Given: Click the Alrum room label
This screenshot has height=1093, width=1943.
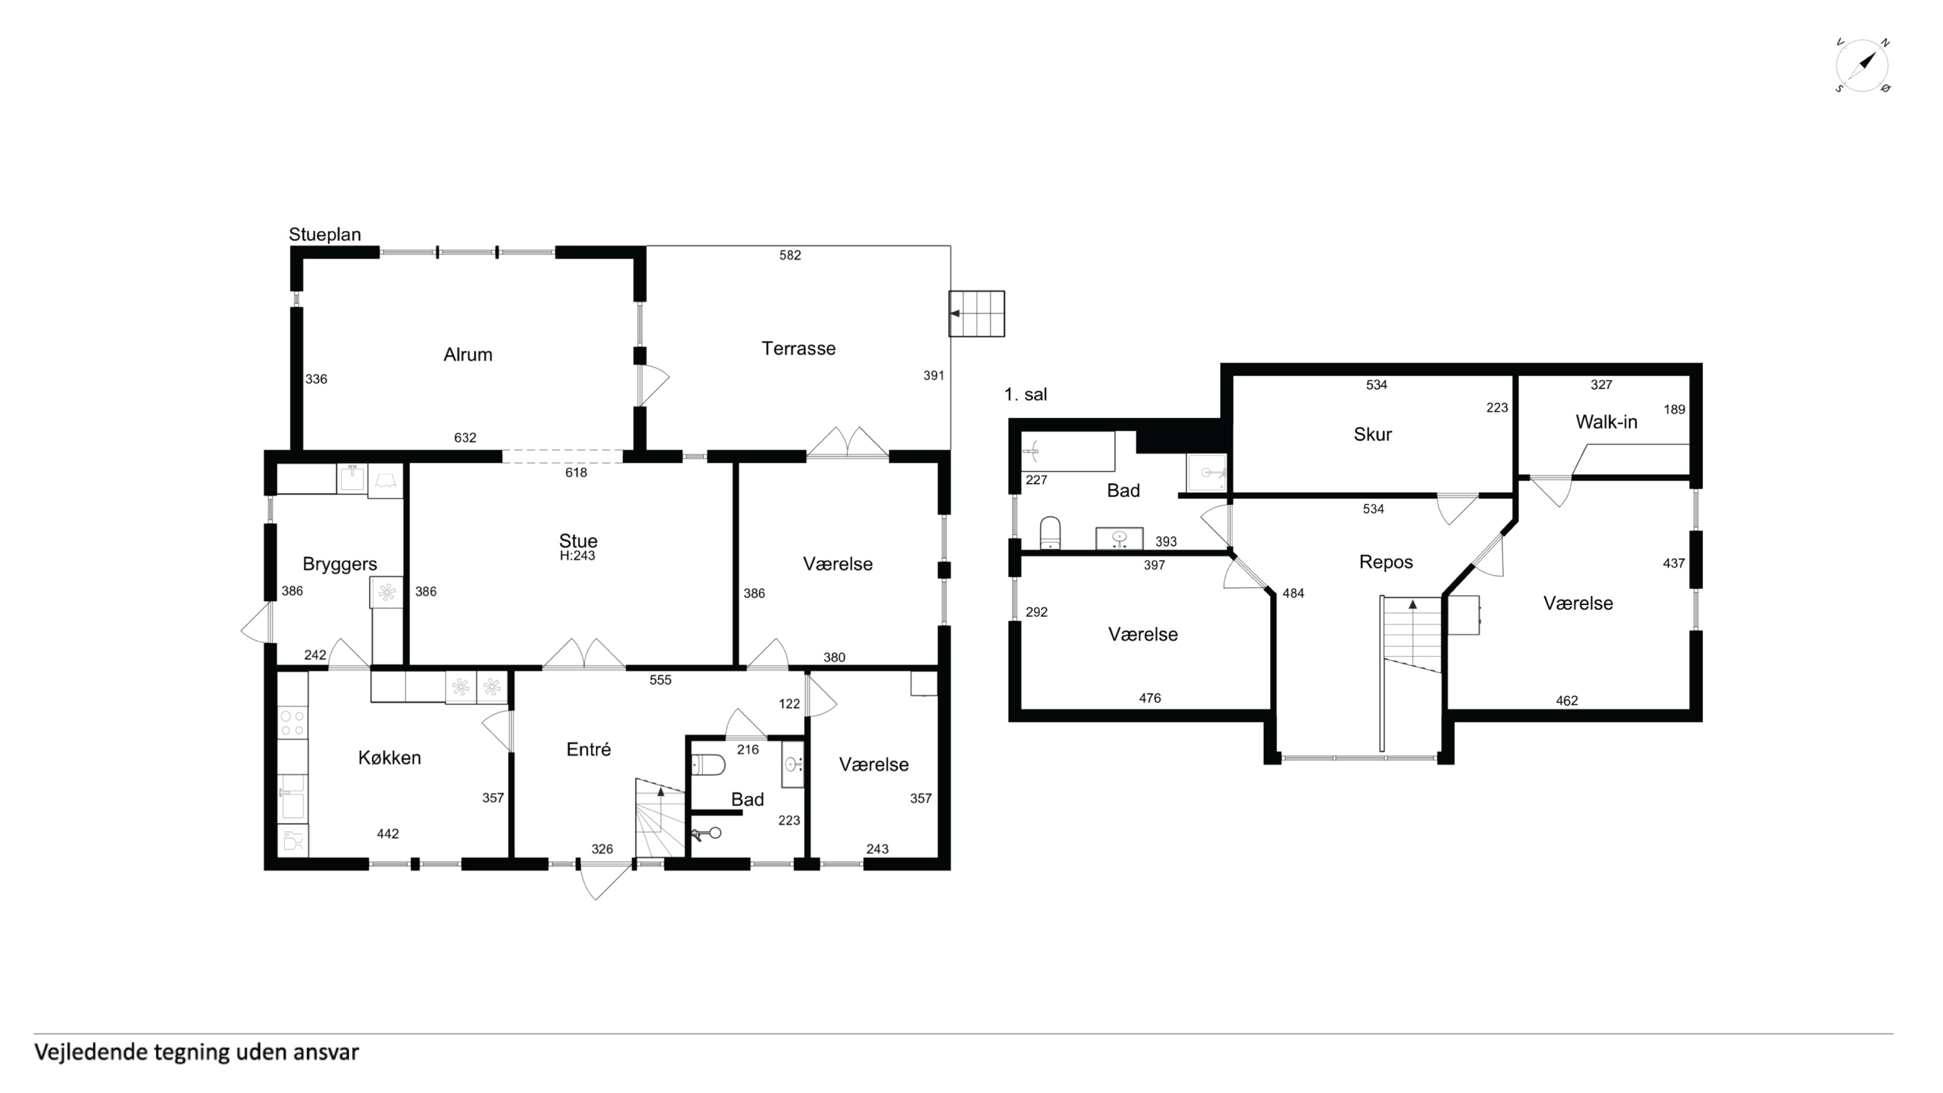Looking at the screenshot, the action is pos(468,354).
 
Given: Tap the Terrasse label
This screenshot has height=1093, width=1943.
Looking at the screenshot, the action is pos(798,348).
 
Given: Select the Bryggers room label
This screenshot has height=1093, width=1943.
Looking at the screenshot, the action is pos(339,564).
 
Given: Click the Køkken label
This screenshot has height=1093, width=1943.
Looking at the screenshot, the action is pos(389,757).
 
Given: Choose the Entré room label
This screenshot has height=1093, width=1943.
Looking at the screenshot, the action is pos(588,749).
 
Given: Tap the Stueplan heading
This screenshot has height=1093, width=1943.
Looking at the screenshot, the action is pos(324,235).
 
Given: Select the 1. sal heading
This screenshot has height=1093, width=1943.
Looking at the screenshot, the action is pos(1025,394).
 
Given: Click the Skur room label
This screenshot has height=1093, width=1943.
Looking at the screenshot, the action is pos(1372,434).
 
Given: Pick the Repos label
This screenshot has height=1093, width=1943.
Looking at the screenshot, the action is pos(1386,562).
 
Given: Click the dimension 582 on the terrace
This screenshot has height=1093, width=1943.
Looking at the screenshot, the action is pos(790,256).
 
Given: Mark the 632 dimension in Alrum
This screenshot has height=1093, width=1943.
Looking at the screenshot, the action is pos(464,438).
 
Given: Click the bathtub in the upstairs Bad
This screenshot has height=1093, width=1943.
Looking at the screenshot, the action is pos(1067,452).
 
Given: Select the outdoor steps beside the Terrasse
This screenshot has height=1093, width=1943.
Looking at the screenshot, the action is pos(977,313).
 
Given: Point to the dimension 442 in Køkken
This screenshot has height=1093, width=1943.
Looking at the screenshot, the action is pos(388,834).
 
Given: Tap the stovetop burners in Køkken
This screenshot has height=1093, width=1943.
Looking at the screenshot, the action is pos(293,723).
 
